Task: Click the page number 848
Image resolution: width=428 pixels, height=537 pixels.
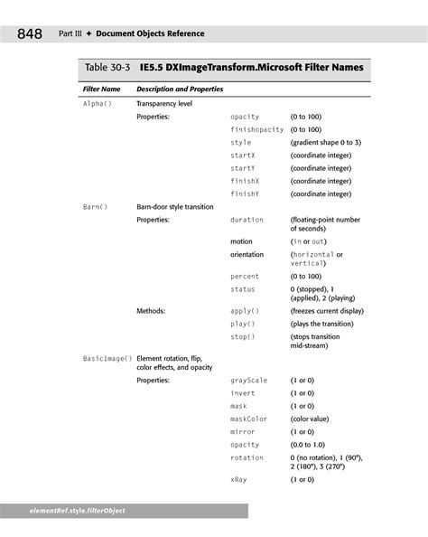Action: pyautogui.click(x=28, y=34)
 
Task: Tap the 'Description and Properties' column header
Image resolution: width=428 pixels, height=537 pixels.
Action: pyautogui.click(x=180, y=90)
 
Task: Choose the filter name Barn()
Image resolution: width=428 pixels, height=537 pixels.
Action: pyautogui.click(x=95, y=207)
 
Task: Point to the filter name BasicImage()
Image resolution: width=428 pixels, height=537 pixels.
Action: pyautogui.click(x=107, y=360)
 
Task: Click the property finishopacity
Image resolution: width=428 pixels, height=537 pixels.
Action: pyautogui.click(x=256, y=130)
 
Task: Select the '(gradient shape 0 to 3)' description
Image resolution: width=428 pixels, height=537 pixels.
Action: pyautogui.click(x=326, y=143)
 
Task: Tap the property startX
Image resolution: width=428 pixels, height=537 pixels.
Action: pyautogui.click(x=243, y=155)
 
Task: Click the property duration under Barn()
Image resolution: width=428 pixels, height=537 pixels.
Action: pyautogui.click(x=247, y=220)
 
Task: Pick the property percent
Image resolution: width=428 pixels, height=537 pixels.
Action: pyautogui.click(x=245, y=277)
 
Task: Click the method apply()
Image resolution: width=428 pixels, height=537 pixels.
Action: pyautogui.click(x=244, y=311)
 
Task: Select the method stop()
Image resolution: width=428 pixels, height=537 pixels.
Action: pyautogui.click(x=242, y=337)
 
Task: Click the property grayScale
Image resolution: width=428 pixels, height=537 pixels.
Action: pyautogui.click(x=249, y=382)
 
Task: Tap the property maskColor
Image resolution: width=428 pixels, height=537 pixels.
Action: pyautogui.click(x=249, y=419)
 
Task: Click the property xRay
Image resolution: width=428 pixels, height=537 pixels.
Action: pyautogui.click(x=238, y=479)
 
